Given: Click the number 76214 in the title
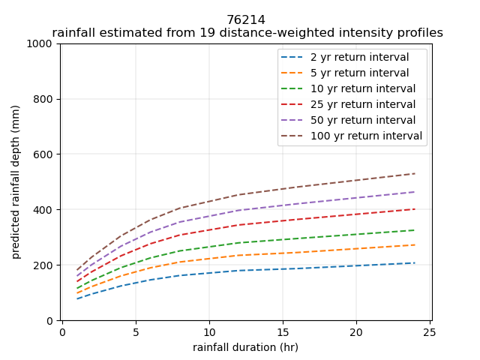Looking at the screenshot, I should (x=246, y=20).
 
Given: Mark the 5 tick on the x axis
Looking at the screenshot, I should (x=136, y=332).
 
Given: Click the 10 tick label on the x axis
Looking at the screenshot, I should (x=209, y=332).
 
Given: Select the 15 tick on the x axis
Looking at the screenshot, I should (x=283, y=332).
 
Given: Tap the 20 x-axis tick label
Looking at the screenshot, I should (x=356, y=332).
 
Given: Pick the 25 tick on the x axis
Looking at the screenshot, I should (x=430, y=332).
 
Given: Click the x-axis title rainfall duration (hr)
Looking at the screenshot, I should (x=246, y=347).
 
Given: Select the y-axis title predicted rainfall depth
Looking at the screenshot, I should (x=16, y=182).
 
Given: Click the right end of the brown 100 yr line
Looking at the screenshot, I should (x=415, y=174).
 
